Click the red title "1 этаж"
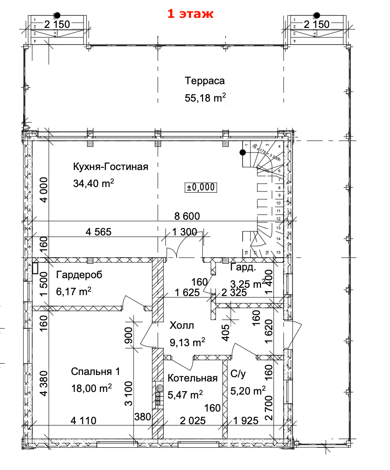pos(191,14)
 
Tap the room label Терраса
pos(204,81)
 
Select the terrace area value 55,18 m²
pos(205,98)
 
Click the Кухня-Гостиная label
pos(111,167)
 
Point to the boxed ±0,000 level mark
pos(201,187)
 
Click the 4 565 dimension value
pos(99,232)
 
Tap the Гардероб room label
pos(79,275)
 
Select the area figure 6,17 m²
pos(73,291)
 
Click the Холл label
pos(181,325)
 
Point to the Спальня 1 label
pos(95,371)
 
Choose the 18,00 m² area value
pos(92,388)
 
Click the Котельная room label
pos(192,378)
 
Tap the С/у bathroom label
pos(239,374)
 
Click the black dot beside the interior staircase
pos(242,152)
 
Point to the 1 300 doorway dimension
pos(185,232)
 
